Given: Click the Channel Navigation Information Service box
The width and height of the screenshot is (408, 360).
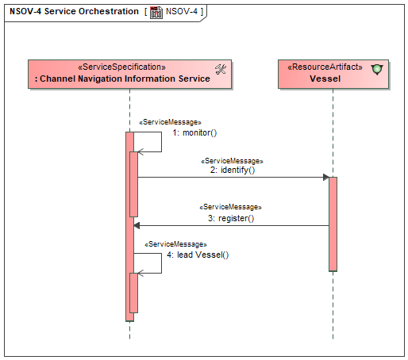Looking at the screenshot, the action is click(129, 74).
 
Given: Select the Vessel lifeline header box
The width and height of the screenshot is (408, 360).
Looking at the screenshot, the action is click(333, 74).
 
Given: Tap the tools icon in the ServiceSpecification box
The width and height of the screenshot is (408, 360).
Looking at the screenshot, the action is click(221, 69).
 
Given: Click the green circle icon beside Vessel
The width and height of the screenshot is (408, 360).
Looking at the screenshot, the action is click(377, 70).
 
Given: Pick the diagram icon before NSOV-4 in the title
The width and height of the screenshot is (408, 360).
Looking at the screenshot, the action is click(156, 13).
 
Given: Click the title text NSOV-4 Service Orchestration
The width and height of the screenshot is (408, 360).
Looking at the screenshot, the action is click(74, 11).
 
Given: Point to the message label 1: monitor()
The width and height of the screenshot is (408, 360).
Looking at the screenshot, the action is click(194, 132).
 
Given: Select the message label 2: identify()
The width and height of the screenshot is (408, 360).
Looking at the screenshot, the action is click(233, 170).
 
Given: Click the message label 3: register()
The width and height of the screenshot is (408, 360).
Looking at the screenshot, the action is click(231, 218).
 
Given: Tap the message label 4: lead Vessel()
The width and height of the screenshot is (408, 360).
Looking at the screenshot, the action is click(198, 255).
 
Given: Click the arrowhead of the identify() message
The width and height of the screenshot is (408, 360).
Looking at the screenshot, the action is click(326, 178).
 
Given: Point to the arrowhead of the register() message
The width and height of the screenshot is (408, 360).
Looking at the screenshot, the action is click(137, 226).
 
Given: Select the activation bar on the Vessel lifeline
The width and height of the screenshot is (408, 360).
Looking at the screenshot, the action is click(333, 224).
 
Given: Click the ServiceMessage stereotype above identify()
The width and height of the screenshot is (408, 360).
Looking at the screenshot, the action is click(232, 161).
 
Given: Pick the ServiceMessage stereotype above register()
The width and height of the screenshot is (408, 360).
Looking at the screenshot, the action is click(230, 207).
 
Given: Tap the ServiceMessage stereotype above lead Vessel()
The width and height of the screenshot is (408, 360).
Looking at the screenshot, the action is click(175, 244).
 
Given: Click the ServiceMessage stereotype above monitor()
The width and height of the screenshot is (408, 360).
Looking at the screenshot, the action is click(170, 122).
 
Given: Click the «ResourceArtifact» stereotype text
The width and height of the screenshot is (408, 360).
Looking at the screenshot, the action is click(325, 67).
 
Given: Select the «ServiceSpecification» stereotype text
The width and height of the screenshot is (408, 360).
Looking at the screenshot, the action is click(121, 67).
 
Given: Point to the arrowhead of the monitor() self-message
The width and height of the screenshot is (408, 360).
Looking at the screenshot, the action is click(140, 152).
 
